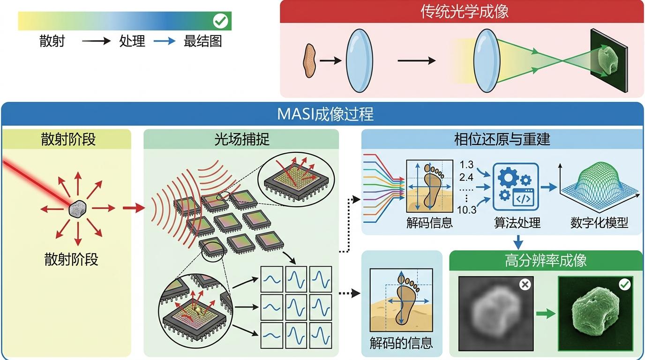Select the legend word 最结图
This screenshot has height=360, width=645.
pyautogui.click(x=202, y=41)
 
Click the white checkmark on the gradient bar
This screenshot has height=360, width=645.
pyautogui.click(x=220, y=21)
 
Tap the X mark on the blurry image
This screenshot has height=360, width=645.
pyautogui.click(x=525, y=284)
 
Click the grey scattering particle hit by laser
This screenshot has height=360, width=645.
pyautogui.click(x=77, y=209)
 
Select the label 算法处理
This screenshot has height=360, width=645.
pyautogui.click(x=517, y=223)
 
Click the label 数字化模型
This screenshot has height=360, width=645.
pyautogui.click(x=599, y=223)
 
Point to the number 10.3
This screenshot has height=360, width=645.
pyautogui.click(x=466, y=210)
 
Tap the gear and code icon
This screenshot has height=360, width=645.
pyautogui.click(x=516, y=187)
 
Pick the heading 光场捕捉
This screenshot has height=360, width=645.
pyautogui.click(x=241, y=139)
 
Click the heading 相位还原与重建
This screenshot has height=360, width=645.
pyautogui.click(x=502, y=139)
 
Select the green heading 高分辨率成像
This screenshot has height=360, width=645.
pyautogui.click(x=546, y=261)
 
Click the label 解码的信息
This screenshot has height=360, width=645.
pyautogui.click(x=401, y=343)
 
